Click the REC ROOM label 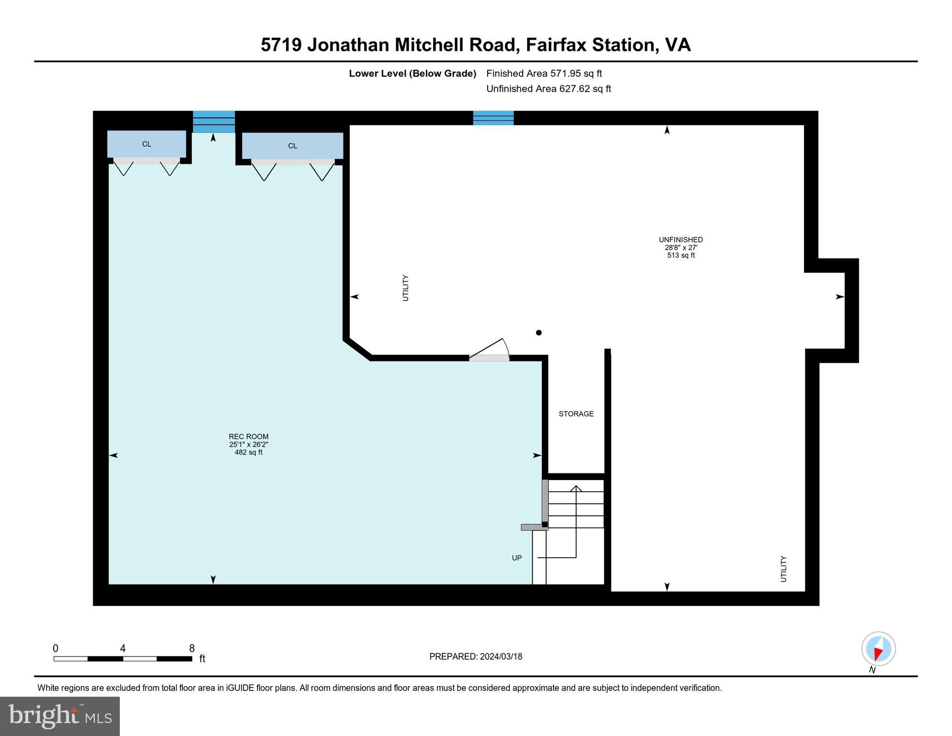coord(248,437)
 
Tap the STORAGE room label coord(576,414)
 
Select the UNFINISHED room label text coord(680,240)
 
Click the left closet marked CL coord(147,144)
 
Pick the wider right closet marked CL coord(292,146)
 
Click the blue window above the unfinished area coord(493,118)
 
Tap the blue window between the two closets coord(214,121)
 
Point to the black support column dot coord(539,333)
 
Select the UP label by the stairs coord(516,558)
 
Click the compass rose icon coord(878,649)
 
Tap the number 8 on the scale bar coord(192,648)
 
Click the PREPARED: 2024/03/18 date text coord(475,656)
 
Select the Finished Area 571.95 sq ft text coord(544,73)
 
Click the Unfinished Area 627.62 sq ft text coord(548,89)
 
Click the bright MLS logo coord(60,716)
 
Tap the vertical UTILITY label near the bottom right coord(783,569)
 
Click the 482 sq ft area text coord(248,452)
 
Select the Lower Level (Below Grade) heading coord(412,73)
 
